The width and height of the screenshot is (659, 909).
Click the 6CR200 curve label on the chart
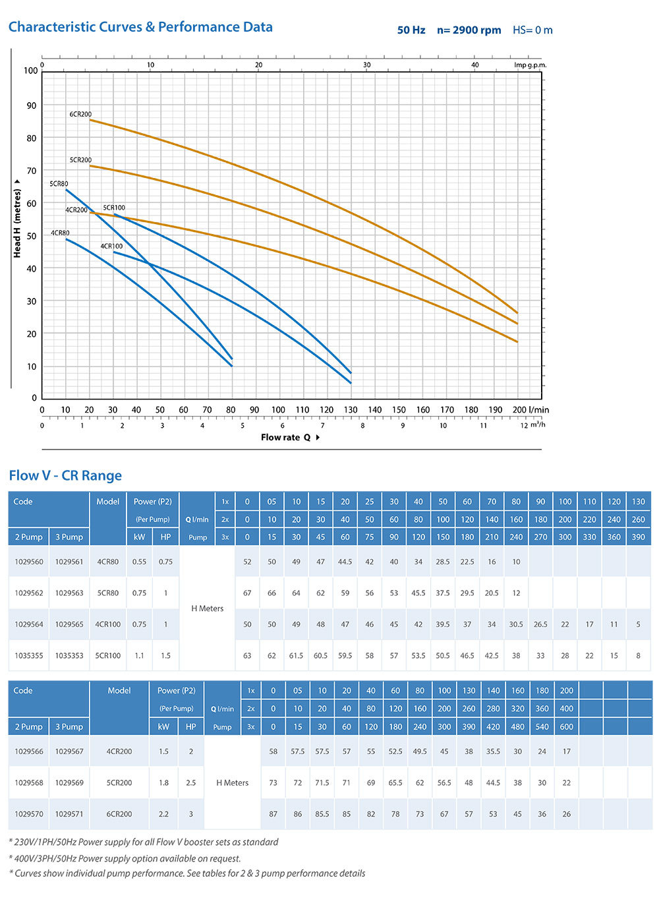80,114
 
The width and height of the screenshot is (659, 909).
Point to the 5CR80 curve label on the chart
59,184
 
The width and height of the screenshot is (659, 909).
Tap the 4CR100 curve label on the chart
111,247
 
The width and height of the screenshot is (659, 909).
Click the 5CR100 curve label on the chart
114,208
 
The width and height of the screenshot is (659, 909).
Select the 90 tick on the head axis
31,105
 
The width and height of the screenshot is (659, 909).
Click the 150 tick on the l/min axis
399,410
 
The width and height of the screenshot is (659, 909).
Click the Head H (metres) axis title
17,223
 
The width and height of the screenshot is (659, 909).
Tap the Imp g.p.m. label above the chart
530,65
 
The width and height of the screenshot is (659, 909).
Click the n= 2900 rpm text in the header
469,30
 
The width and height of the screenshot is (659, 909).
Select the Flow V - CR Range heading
65,475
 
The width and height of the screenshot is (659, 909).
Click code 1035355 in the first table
29,656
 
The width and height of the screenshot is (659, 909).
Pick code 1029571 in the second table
69,814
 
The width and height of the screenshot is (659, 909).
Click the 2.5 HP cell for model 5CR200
191,783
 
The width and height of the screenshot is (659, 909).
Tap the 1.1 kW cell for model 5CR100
139,656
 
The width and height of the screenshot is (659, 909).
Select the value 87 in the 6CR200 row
273,814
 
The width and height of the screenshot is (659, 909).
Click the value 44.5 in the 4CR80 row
345,562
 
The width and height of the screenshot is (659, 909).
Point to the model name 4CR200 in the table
119,751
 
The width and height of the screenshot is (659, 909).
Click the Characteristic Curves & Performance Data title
140,27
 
